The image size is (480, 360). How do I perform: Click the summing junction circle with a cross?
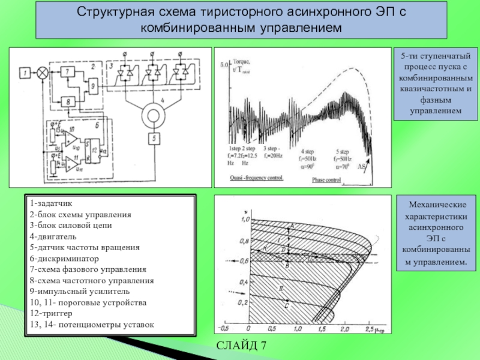point(43,73)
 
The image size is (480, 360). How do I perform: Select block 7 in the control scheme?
point(69,72)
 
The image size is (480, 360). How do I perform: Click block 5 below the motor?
point(155,139)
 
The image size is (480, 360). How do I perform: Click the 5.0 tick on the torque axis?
point(224,64)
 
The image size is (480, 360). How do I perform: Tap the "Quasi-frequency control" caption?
point(257,178)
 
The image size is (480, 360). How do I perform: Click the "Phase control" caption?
point(327,178)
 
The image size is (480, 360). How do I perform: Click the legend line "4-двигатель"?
point(53,236)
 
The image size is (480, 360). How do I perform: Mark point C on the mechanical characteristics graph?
point(287,306)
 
